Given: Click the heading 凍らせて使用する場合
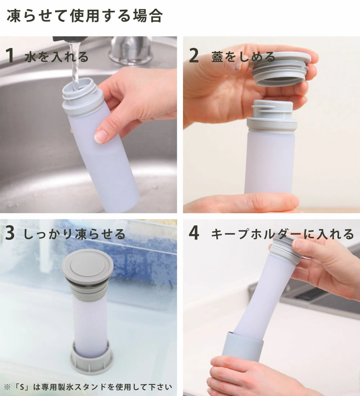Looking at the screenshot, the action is point(85,16).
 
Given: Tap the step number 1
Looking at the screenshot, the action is point(9,55).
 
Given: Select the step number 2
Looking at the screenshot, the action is point(194,55).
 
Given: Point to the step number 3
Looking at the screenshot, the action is point(10,233).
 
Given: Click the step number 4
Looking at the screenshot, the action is point(194,233).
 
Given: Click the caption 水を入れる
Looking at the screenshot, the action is point(57,56).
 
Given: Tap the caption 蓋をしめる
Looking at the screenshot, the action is point(243,56).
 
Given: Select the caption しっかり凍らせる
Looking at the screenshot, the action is point(74,234).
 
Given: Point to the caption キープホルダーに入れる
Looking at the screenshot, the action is point(282,234).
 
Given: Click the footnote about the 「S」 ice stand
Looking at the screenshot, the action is point(88,387).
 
